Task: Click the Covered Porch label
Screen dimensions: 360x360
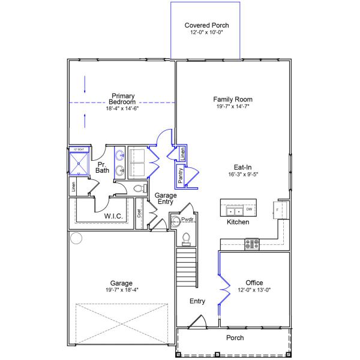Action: [206, 25]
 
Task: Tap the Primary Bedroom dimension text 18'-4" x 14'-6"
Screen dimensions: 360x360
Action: [122, 109]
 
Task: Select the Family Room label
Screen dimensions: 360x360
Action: [233, 99]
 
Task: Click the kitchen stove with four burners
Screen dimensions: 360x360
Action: [251, 244]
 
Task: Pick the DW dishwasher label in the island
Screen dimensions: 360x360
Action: [248, 209]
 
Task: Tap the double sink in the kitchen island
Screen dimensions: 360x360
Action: [232, 211]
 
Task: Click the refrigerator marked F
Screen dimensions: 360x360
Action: [280, 210]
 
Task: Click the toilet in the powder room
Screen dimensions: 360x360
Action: [185, 238]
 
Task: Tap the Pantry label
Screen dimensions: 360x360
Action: [180, 175]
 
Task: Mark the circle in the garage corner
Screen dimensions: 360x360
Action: [76, 238]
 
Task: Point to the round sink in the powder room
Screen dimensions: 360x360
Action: [175, 221]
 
